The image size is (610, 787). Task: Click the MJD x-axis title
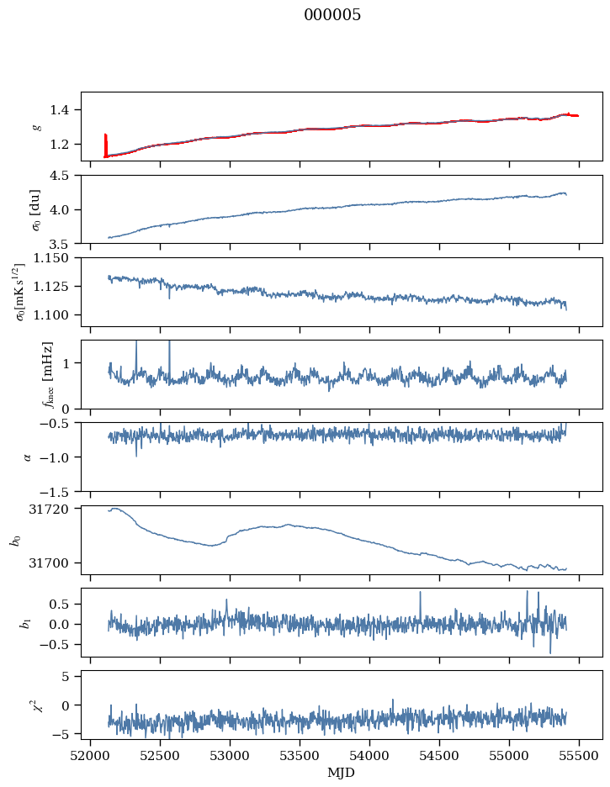[x=341, y=772]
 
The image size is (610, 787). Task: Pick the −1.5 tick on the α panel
[x=62, y=491]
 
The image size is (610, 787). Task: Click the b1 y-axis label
[x=24, y=622]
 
